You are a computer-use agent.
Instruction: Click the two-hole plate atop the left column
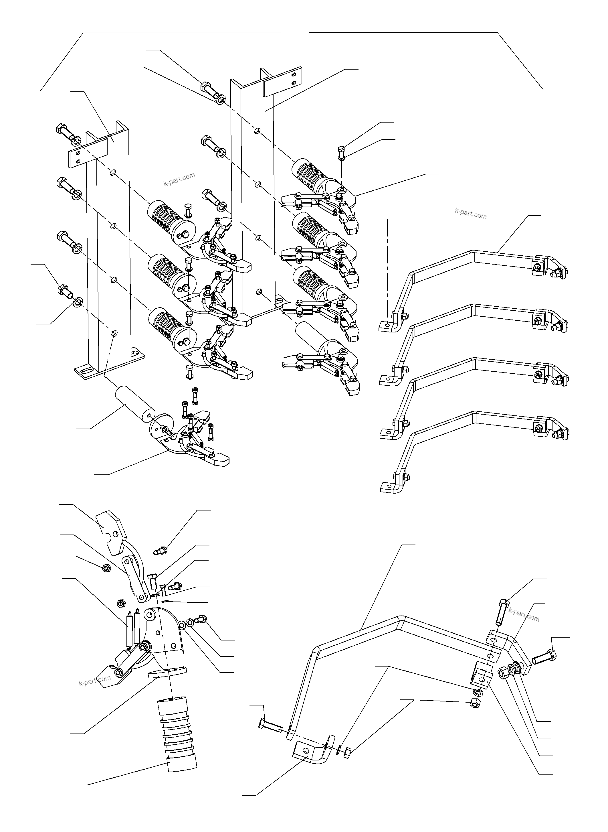click(x=88, y=153)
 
